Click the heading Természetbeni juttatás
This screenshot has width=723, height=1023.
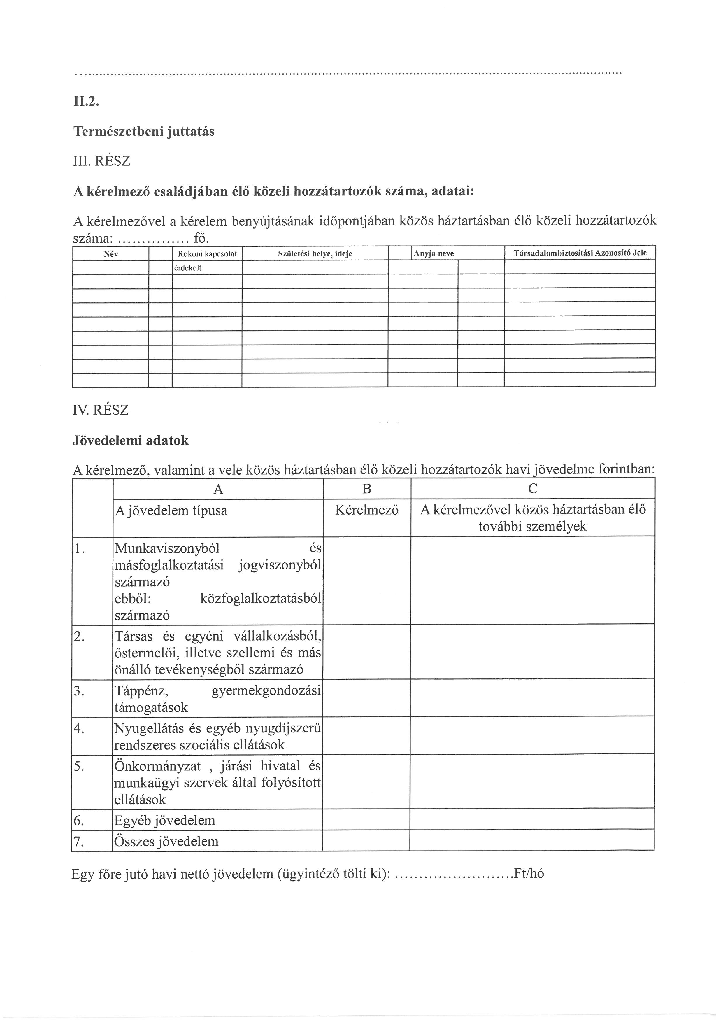tap(143, 132)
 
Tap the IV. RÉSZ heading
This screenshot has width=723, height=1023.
tap(101, 410)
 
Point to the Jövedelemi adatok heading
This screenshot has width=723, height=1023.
tap(130, 441)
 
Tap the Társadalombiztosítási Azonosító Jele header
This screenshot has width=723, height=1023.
tap(580, 253)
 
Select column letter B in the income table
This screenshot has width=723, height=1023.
tap(366, 489)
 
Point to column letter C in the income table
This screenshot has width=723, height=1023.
tap(532, 489)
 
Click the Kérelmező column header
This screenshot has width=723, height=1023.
tap(366, 510)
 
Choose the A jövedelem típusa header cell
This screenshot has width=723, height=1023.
tap(171, 510)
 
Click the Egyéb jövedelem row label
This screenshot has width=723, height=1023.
tap(165, 821)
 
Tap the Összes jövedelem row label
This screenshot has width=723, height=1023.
tap(166, 841)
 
